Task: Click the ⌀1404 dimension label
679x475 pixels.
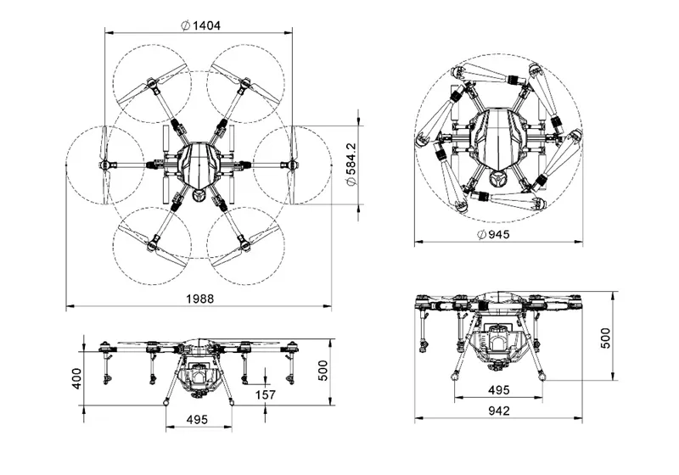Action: pos(200,26)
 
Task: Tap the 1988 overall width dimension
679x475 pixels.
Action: pos(199,299)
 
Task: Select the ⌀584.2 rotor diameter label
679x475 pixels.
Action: pos(351,165)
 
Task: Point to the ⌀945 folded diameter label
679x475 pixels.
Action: pos(493,234)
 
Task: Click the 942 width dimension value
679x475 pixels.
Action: pos(499,410)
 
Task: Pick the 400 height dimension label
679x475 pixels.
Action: pos(76,378)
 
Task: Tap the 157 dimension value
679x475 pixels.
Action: pos(266,394)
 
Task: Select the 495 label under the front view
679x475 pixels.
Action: pos(197,419)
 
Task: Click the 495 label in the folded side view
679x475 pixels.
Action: pos(498,390)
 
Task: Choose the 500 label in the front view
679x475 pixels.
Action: pos(323,371)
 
